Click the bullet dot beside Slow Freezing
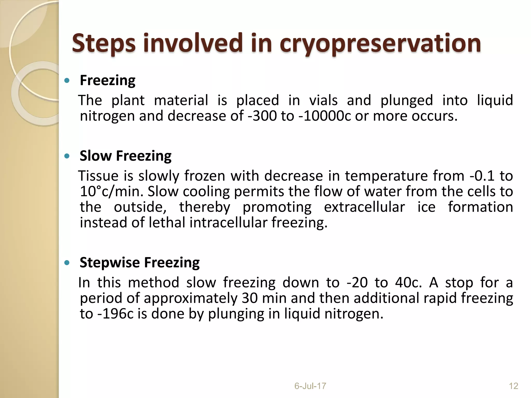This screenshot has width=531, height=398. (x=67, y=156)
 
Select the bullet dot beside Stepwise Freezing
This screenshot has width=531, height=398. (x=67, y=263)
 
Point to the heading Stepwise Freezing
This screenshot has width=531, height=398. (x=140, y=263)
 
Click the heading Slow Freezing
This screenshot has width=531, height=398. (x=125, y=156)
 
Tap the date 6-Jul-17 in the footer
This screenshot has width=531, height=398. (x=310, y=386)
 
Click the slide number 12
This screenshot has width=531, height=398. (x=513, y=386)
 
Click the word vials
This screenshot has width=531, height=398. (x=323, y=100)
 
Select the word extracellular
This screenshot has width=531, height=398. (x=364, y=207)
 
